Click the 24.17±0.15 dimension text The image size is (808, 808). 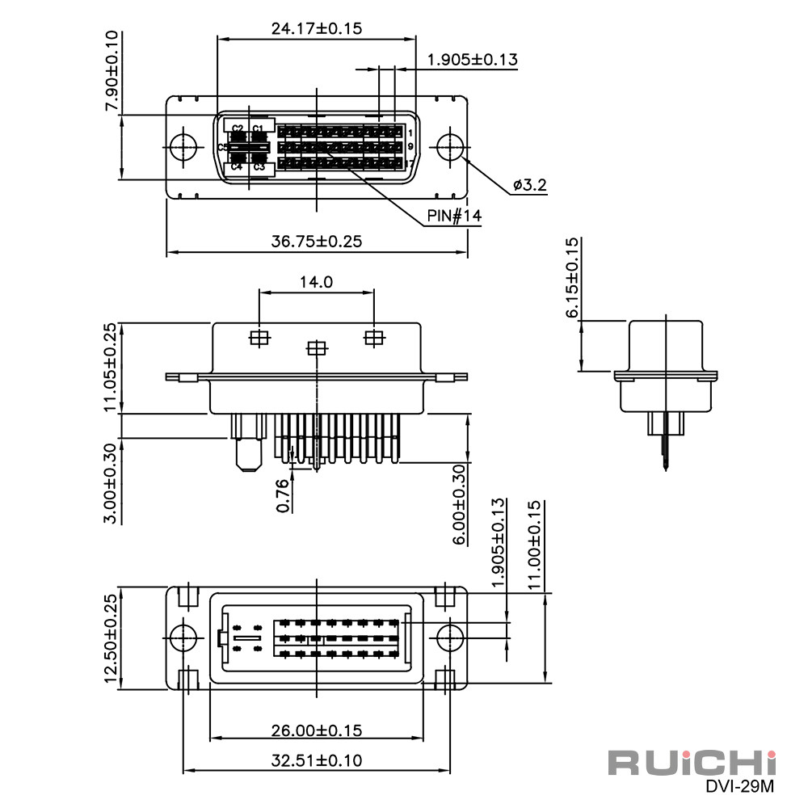[317, 28]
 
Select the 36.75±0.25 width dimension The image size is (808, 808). [317, 241]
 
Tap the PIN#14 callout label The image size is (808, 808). [454, 216]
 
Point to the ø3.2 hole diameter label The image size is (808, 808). [530, 184]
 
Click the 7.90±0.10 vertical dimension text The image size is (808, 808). [112, 70]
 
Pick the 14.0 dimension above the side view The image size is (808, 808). [317, 282]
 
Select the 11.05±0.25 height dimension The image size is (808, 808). [111, 367]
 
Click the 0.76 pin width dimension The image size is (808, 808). [283, 496]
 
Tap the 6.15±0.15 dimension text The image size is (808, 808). [573, 277]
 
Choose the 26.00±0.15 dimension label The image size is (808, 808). [317, 730]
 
